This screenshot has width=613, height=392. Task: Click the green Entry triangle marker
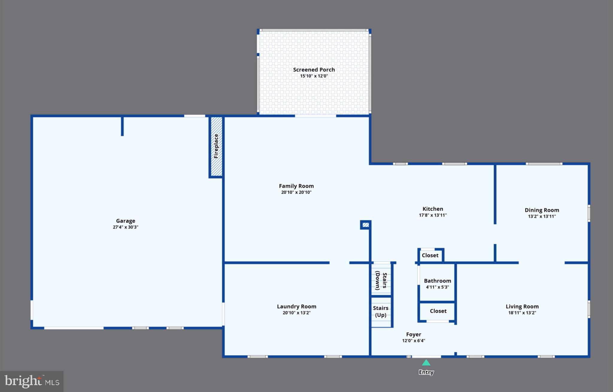(x=426, y=363)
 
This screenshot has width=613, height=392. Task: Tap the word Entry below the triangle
(x=426, y=372)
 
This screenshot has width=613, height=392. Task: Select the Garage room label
(x=125, y=221)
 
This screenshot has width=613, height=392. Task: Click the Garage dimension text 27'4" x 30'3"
(x=125, y=227)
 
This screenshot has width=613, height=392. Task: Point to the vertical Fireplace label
(x=216, y=146)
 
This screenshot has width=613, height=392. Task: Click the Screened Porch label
(x=314, y=70)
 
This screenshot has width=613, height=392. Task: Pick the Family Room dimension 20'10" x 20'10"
(x=296, y=192)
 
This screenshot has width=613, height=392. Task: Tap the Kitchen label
(x=433, y=209)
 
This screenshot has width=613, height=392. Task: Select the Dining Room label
(x=541, y=210)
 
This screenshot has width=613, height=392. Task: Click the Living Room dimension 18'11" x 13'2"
(x=522, y=313)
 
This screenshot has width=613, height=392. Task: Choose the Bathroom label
(x=437, y=281)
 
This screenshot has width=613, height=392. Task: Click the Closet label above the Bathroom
(x=430, y=255)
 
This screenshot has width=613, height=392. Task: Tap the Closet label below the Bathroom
(x=438, y=311)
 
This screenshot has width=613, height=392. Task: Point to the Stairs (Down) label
(x=381, y=281)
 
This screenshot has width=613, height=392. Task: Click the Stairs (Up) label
(x=380, y=311)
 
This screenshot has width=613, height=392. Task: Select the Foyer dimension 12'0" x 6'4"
(x=413, y=341)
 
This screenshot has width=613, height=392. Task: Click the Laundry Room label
(x=296, y=307)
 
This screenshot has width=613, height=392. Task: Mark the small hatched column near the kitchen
(x=365, y=225)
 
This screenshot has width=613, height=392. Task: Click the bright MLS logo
(x=32, y=382)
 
